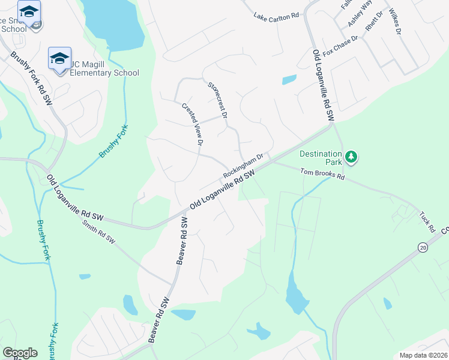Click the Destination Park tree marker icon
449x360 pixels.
click(x=351, y=158)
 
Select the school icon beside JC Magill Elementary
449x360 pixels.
click(x=59, y=59)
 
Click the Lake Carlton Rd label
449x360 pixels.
click(x=276, y=16)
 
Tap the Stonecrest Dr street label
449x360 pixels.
click(x=218, y=100)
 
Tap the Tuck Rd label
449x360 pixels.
click(x=427, y=221)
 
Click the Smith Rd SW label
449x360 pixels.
click(x=98, y=232)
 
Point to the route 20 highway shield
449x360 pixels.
click(x=422, y=247)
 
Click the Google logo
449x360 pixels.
click(x=20, y=353)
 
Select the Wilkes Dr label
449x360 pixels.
click(x=394, y=21)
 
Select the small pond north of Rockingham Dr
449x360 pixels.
click(x=289, y=79)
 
